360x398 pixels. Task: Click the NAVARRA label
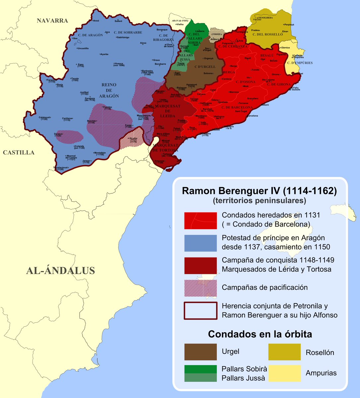click(x=52, y=21)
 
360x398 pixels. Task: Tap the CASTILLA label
click(x=19, y=153)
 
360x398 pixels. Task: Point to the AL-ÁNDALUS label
click(x=60, y=271)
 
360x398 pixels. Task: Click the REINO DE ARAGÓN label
click(x=109, y=90)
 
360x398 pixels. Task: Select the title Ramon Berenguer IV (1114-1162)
click(x=259, y=191)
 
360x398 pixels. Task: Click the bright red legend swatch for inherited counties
click(x=200, y=220)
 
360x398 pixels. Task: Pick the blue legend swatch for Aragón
click(x=200, y=243)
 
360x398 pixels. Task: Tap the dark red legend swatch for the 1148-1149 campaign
click(x=200, y=265)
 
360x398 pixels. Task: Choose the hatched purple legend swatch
click(x=200, y=288)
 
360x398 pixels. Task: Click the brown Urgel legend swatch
click(x=200, y=352)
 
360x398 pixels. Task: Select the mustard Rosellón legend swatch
click(x=285, y=352)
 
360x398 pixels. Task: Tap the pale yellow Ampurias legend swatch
click(x=285, y=373)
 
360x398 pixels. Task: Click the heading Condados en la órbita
click(x=260, y=334)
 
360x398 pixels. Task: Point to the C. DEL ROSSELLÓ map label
click(x=268, y=34)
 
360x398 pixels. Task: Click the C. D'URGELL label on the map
click(x=205, y=67)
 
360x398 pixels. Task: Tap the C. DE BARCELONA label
click(x=237, y=107)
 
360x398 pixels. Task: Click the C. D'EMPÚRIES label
click(x=300, y=63)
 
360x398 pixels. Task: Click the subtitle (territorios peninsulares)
click(x=259, y=201)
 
